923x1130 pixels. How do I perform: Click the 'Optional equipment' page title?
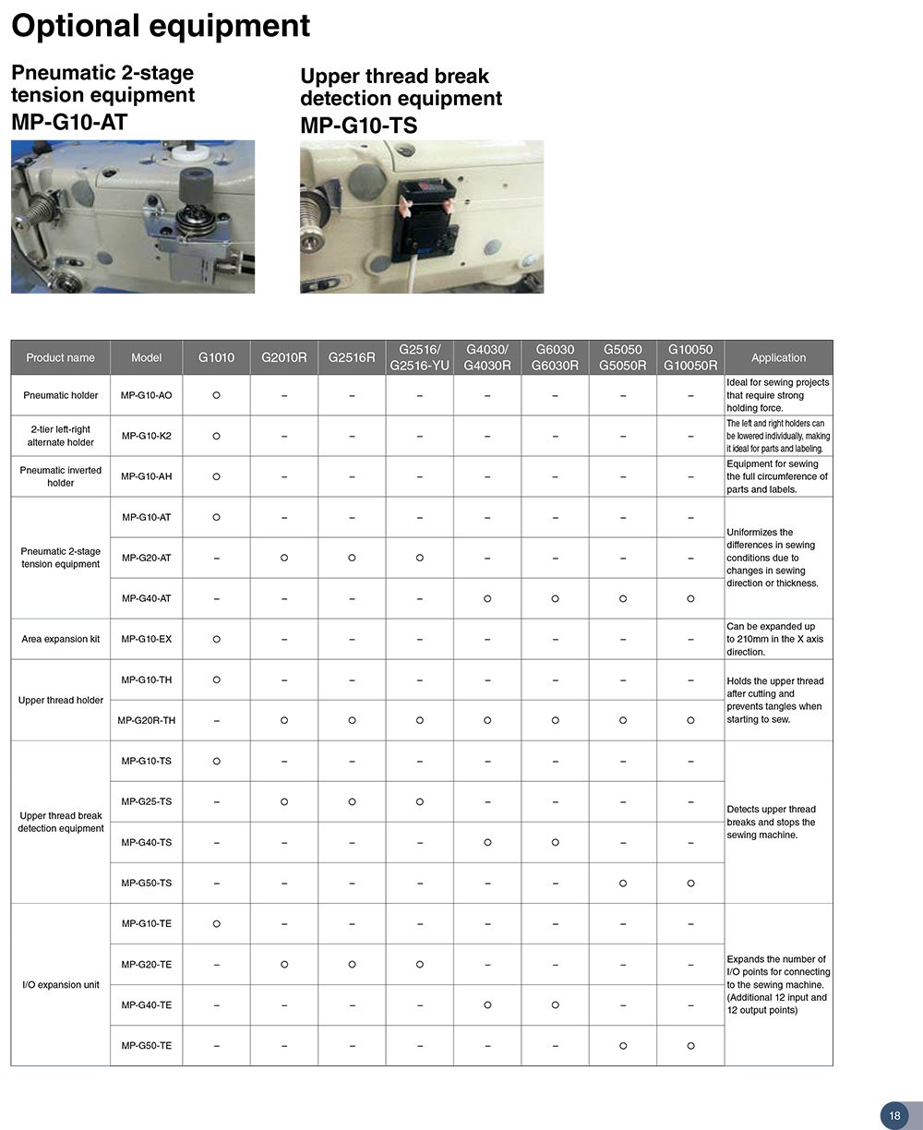pyautogui.click(x=161, y=26)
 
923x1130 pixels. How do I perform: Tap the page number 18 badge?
pyautogui.click(x=894, y=1115)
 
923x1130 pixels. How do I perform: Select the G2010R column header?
pyautogui.click(x=283, y=357)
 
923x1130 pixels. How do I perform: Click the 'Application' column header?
pyautogui.click(x=778, y=357)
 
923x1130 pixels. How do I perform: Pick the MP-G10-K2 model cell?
pyautogui.click(x=146, y=436)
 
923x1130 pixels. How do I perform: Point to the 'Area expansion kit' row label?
pyautogui.click(x=61, y=639)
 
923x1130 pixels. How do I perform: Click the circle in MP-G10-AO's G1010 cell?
pyautogui.click(x=216, y=395)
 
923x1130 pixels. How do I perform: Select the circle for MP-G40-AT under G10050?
pyautogui.click(x=690, y=598)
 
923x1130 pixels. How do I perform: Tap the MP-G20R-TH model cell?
pyautogui.click(x=146, y=720)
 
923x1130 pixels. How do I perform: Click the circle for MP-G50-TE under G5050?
pyautogui.click(x=623, y=1045)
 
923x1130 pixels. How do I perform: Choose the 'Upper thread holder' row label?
pyautogui.click(x=61, y=700)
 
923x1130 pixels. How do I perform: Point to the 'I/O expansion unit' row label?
pyautogui.click(x=61, y=984)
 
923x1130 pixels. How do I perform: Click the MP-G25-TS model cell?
pyautogui.click(x=146, y=801)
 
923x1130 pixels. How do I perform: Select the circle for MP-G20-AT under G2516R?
pyautogui.click(x=352, y=558)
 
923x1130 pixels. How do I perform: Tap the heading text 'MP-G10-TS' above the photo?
pyautogui.click(x=358, y=125)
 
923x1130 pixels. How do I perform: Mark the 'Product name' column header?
pyautogui.click(x=60, y=357)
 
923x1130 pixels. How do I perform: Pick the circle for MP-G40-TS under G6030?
pyautogui.click(x=555, y=842)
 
